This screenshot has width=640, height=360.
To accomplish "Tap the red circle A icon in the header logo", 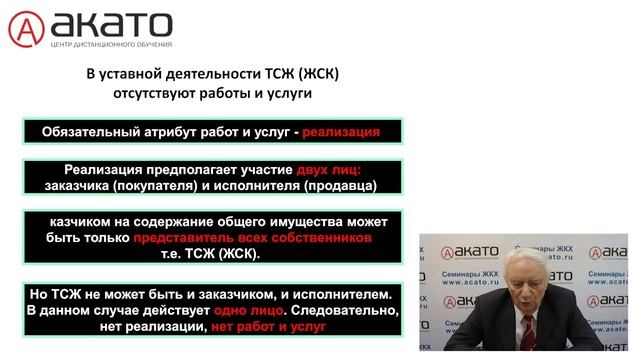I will tap(27, 29).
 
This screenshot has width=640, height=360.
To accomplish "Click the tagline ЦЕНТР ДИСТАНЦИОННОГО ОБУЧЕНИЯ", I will tap(112, 45).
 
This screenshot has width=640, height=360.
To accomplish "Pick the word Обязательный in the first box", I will tap(88, 131).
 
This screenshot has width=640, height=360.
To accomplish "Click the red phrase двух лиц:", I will tap(329, 170).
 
